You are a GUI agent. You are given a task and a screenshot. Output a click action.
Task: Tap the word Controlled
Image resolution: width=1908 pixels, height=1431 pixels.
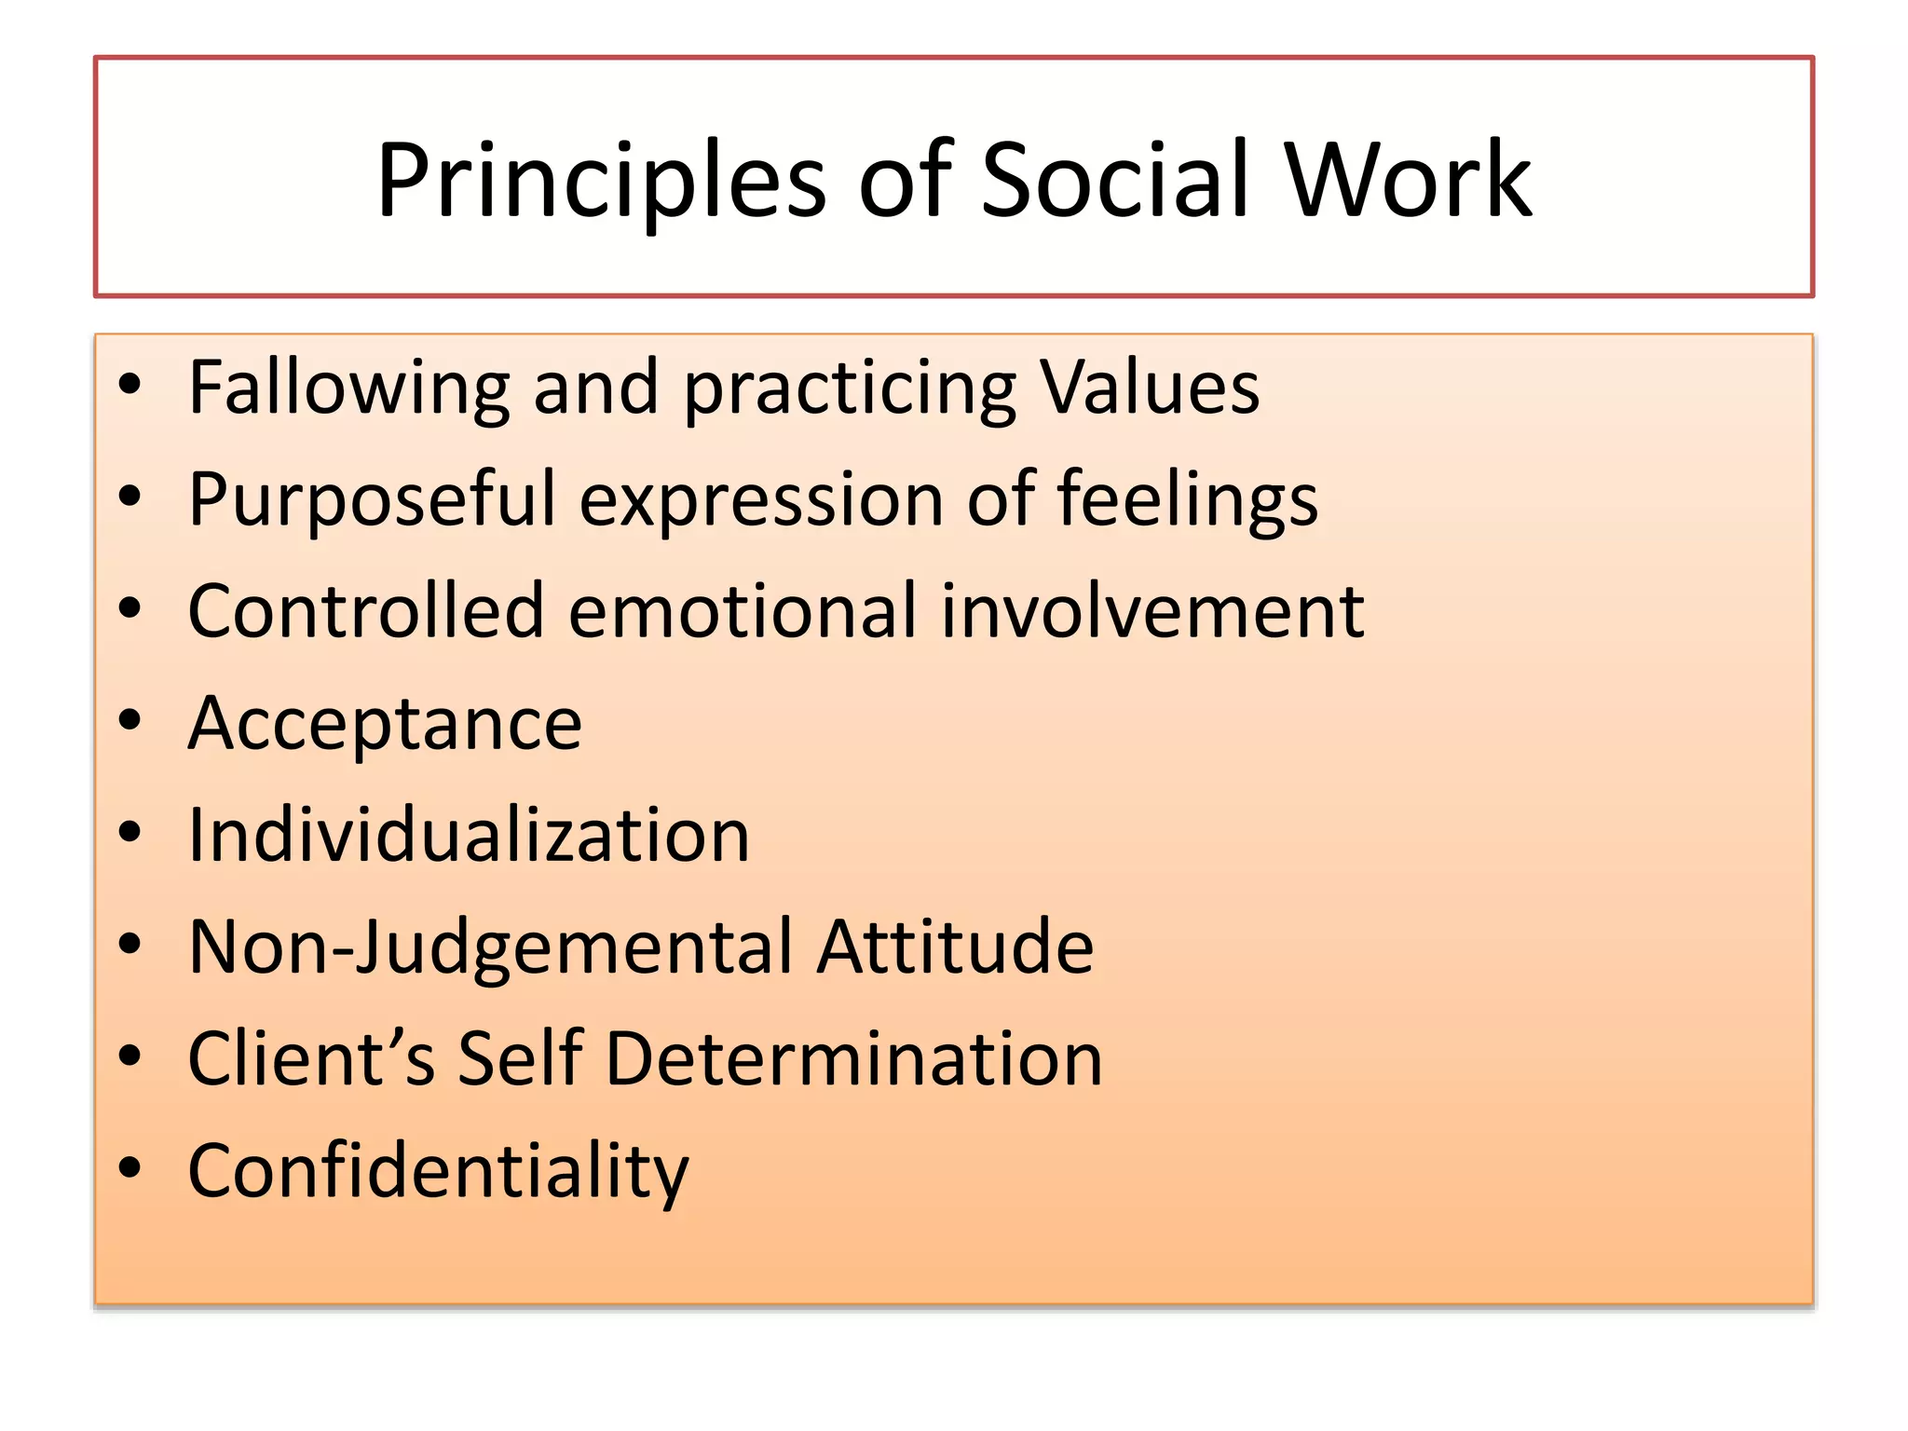[x=366, y=611]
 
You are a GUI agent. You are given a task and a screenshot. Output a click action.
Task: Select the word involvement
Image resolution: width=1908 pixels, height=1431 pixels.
[x=1152, y=611]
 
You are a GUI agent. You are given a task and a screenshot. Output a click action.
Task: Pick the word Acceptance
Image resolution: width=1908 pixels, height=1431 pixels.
[x=385, y=724]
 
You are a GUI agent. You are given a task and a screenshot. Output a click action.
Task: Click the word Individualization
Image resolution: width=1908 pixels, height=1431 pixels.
[x=469, y=835]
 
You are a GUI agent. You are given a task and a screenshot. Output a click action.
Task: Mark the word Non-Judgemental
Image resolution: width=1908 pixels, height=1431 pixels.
[x=491, y=947]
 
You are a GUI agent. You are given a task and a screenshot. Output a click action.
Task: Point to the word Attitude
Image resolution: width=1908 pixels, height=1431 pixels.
[x=955, y=947]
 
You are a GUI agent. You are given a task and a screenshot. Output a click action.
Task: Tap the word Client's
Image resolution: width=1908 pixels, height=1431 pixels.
[x=311, y=1059]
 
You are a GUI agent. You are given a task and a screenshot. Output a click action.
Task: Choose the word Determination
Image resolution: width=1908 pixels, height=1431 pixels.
[x=853, y=1059]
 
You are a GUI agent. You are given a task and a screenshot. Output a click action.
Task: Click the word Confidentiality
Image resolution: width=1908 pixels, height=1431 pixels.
[x=438, y=1171]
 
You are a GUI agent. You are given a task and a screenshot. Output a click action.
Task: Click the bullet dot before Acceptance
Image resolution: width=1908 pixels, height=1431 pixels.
[x=129, y=719]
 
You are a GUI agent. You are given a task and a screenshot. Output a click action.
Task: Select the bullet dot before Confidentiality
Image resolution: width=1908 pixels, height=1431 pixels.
[x=129, y=1166]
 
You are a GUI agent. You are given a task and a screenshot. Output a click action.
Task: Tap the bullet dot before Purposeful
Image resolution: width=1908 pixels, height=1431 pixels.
[x=129, y=496]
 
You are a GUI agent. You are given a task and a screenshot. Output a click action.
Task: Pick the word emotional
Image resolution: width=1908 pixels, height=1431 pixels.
[x=743, y=611]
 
